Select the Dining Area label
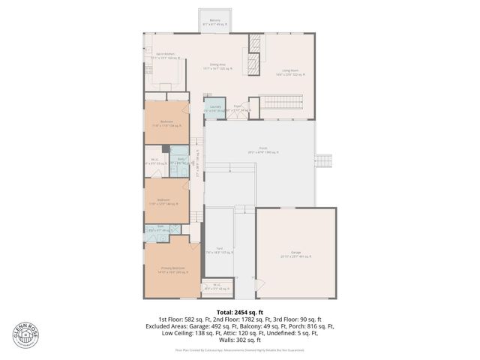click(217, 67)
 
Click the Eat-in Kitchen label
click(165, 55)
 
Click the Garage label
click(296, 253)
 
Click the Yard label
click(220, 250)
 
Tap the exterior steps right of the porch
click(325, 160)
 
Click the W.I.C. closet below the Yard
click(217, 286)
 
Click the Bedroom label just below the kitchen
click(166, 123)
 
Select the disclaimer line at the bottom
click(240, 349)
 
